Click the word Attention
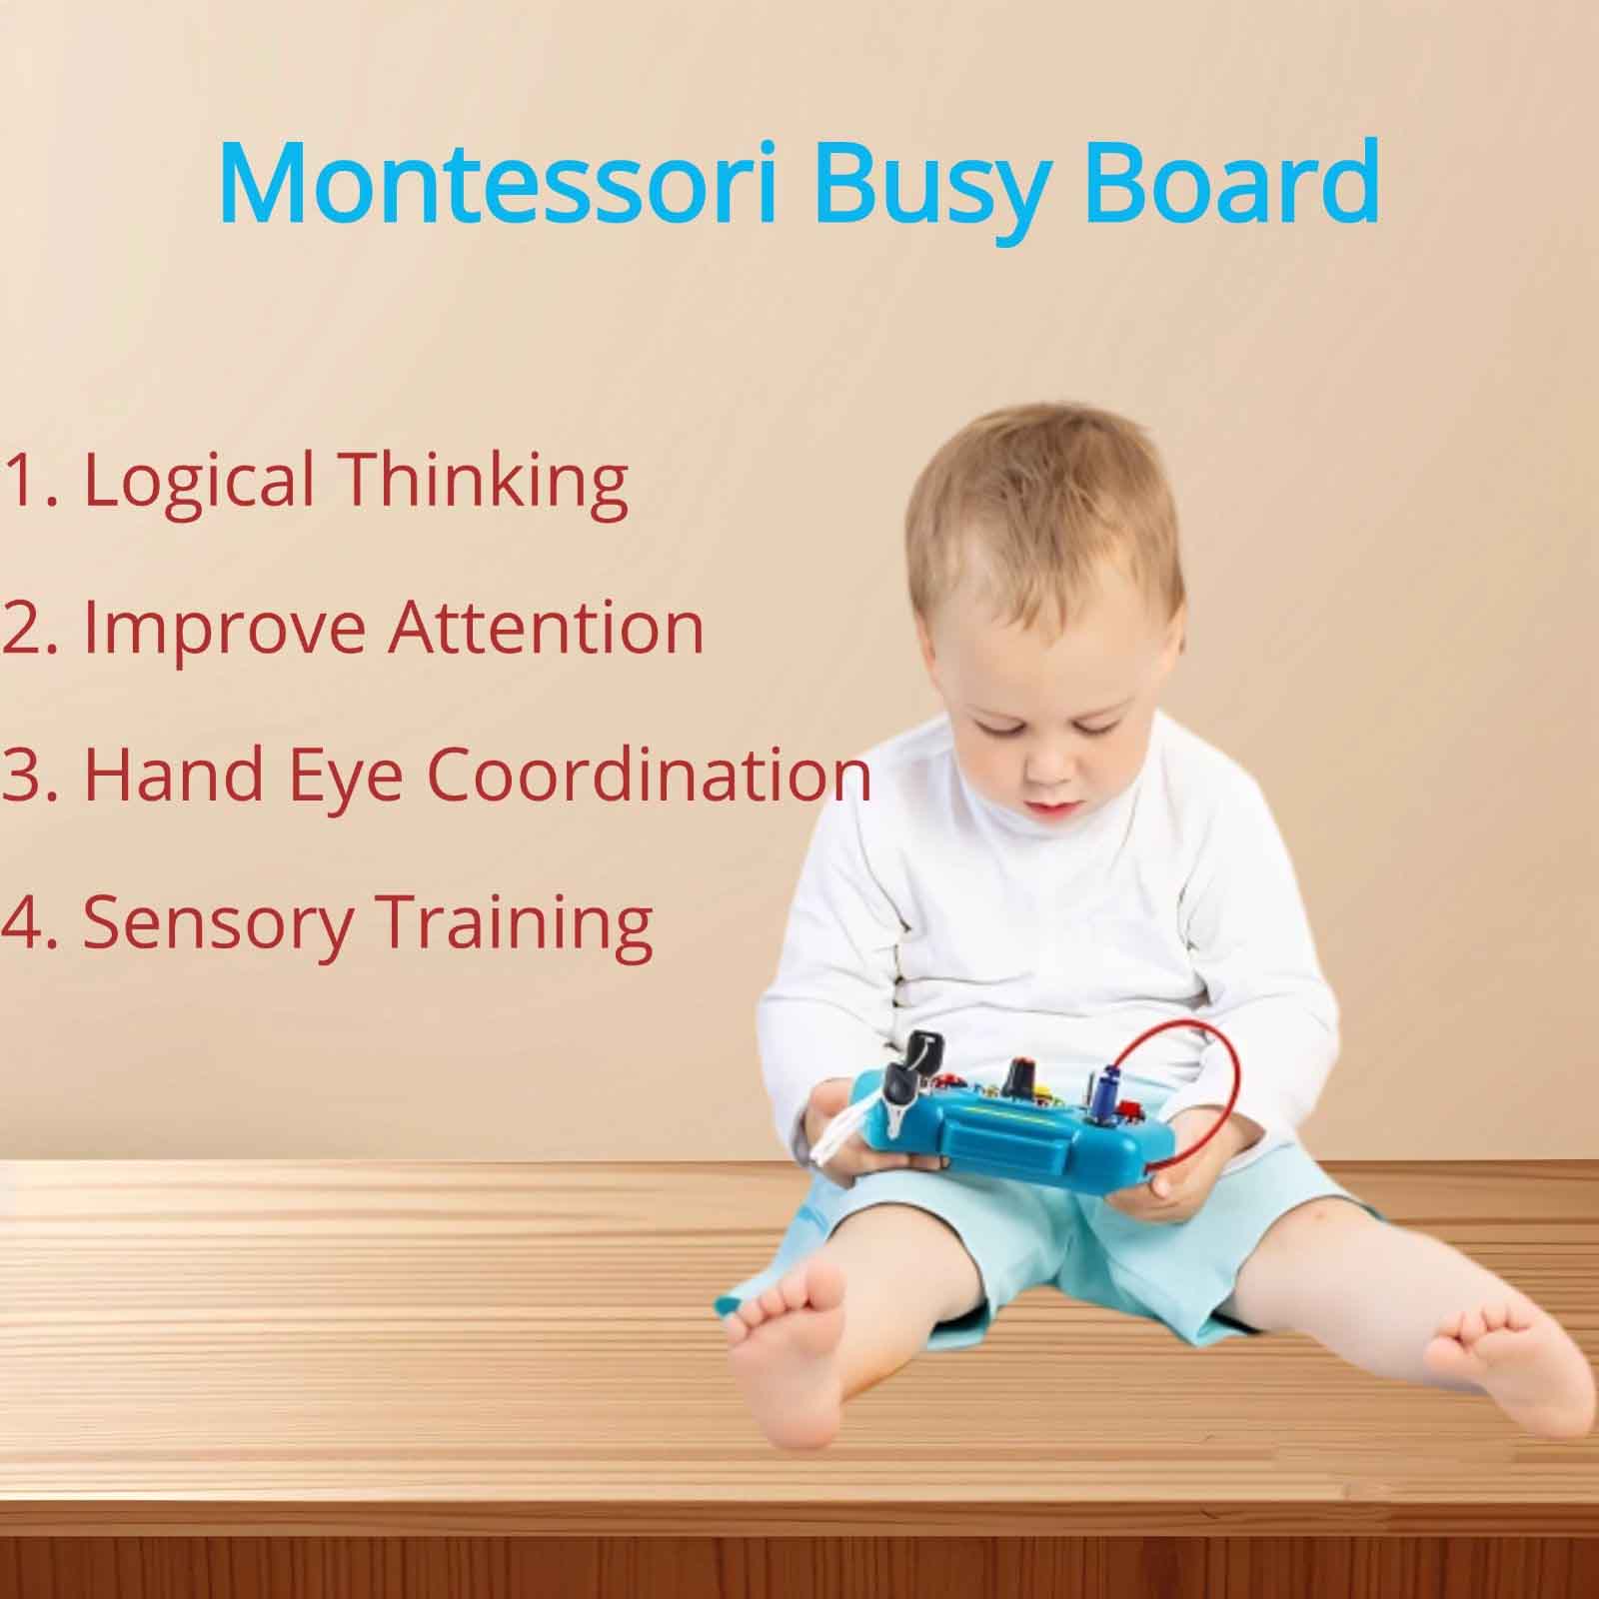546,627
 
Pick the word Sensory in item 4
217,924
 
